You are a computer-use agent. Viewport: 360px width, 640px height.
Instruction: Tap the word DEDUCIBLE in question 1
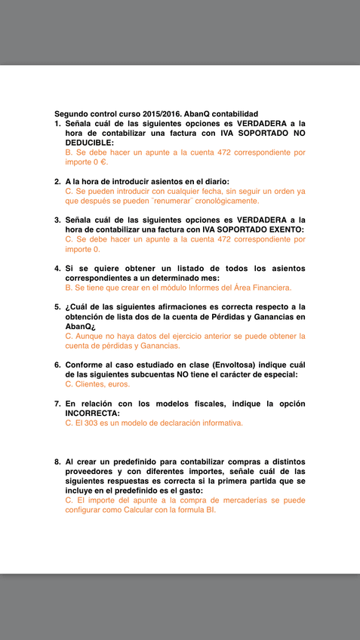click(89, 142)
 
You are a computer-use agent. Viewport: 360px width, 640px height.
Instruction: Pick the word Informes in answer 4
click(192, 288)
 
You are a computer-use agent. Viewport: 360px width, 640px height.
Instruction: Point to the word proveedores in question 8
click(91, 471)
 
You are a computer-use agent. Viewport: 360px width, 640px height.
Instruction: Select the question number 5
click(57, 306)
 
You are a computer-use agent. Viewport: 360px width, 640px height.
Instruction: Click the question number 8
click(57, 461)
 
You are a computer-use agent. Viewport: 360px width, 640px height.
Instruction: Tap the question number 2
click(57, 181)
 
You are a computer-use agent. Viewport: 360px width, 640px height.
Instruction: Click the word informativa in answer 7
click(217, 423)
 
